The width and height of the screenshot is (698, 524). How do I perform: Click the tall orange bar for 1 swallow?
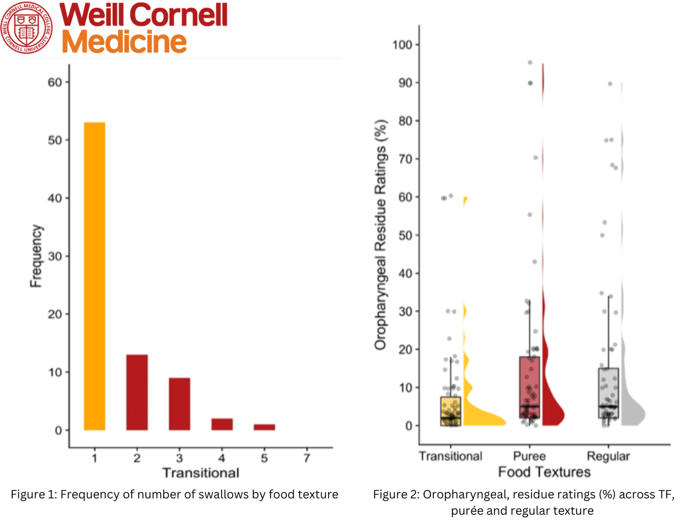(94, 276)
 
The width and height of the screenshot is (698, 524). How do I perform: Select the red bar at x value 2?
(137, 392)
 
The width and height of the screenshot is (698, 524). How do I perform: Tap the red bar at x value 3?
(179, 404)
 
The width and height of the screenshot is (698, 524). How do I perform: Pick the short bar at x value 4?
(222, 424)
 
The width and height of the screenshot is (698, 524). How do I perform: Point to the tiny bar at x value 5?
(264, 427)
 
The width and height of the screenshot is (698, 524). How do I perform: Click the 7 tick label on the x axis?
(307, 458)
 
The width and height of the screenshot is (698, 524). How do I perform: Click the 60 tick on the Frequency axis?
(54, 82)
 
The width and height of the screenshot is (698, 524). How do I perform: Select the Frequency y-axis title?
(36, 256)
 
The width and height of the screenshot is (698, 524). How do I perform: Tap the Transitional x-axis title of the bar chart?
(200, 472)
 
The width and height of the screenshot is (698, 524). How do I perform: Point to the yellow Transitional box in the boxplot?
(451, 411)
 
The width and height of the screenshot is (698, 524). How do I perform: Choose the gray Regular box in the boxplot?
(608, 392)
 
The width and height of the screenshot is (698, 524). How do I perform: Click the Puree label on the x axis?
(530, 456)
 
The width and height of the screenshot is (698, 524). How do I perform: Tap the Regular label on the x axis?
(608, 456)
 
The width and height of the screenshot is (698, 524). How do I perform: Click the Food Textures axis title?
(544, 472)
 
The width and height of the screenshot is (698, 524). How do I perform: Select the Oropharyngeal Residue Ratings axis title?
(380, 248)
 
